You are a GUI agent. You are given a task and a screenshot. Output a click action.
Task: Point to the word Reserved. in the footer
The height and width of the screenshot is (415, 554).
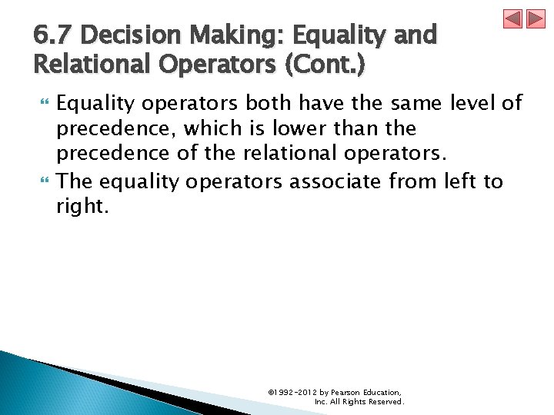pos(385,401)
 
